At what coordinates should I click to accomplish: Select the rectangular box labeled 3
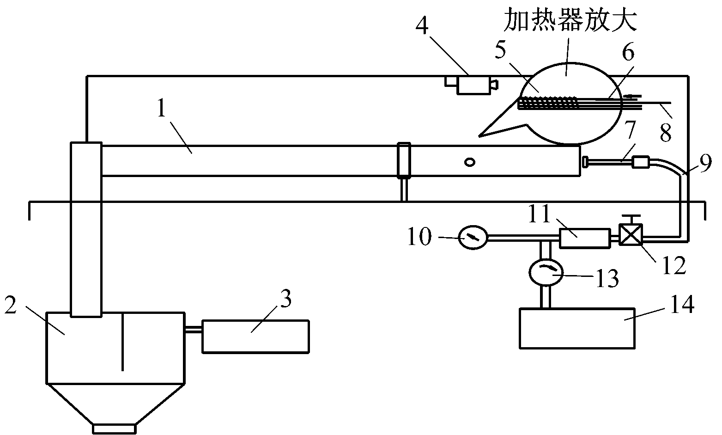pos(255,336)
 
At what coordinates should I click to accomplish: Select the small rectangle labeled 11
pos(584,237)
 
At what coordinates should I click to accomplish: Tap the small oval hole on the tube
pos(470,162)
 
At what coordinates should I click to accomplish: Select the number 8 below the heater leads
pos(665,132)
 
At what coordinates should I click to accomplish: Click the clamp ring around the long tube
pos(405,160)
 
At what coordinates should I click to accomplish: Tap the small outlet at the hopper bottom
pos(114,429)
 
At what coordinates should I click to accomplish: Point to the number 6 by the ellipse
pos(628,55)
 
